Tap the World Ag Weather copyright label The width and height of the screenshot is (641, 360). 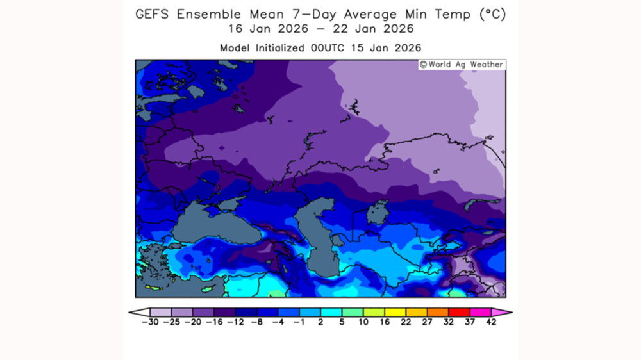tap(462, 65)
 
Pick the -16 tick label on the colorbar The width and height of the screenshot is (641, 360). tap(214, 322)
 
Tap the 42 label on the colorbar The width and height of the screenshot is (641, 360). tap(491, 322)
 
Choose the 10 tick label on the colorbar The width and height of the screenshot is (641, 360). tap(363, 322)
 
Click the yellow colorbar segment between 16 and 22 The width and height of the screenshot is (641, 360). tap(395, 313)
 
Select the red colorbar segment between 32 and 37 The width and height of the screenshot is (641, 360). tap(459, 313)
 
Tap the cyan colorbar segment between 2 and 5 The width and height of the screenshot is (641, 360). tap(331, 313)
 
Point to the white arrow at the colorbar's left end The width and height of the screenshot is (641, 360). tap(135, 313)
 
